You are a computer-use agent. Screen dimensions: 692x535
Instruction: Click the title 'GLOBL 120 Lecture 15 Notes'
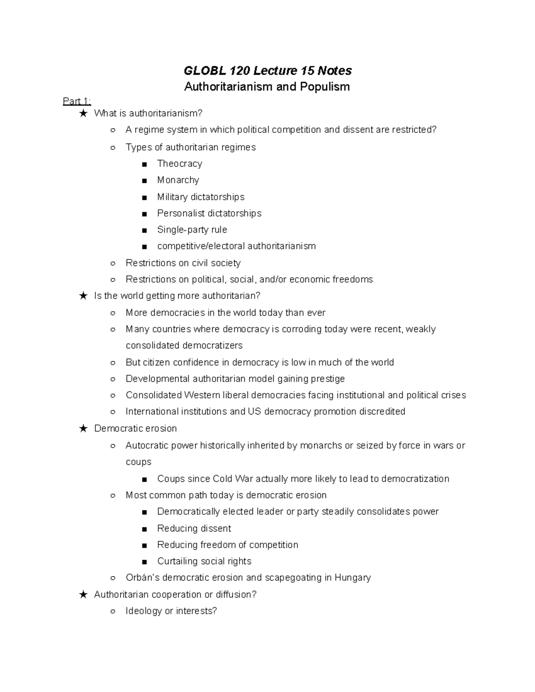(x=267, y=70)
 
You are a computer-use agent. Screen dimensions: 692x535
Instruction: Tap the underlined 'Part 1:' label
(x=77, y=101)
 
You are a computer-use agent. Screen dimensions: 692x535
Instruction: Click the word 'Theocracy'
(x=179, y=164)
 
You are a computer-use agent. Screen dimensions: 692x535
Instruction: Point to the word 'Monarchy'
(x=178, y=180)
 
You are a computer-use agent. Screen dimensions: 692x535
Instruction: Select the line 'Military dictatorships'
(x=201, y=197)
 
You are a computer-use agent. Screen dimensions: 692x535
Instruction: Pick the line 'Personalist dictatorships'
(x=209, y=213)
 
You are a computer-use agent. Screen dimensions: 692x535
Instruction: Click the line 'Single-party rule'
(x=192, y=229)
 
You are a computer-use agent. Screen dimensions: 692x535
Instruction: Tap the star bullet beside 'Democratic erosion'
(x=83, y=429)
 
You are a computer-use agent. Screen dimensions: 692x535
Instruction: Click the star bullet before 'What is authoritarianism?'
(x=83, y=114)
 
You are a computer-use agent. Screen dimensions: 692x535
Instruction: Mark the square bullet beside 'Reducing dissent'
(x=144, y=529)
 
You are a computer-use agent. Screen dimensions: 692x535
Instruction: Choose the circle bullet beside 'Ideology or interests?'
(x=113, y=611)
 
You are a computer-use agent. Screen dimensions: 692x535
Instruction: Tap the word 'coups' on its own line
(x=138, y=462)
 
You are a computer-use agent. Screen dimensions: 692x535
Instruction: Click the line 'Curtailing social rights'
(x=204, y=561)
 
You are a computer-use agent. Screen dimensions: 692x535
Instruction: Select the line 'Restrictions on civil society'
(x=183, y=263)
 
